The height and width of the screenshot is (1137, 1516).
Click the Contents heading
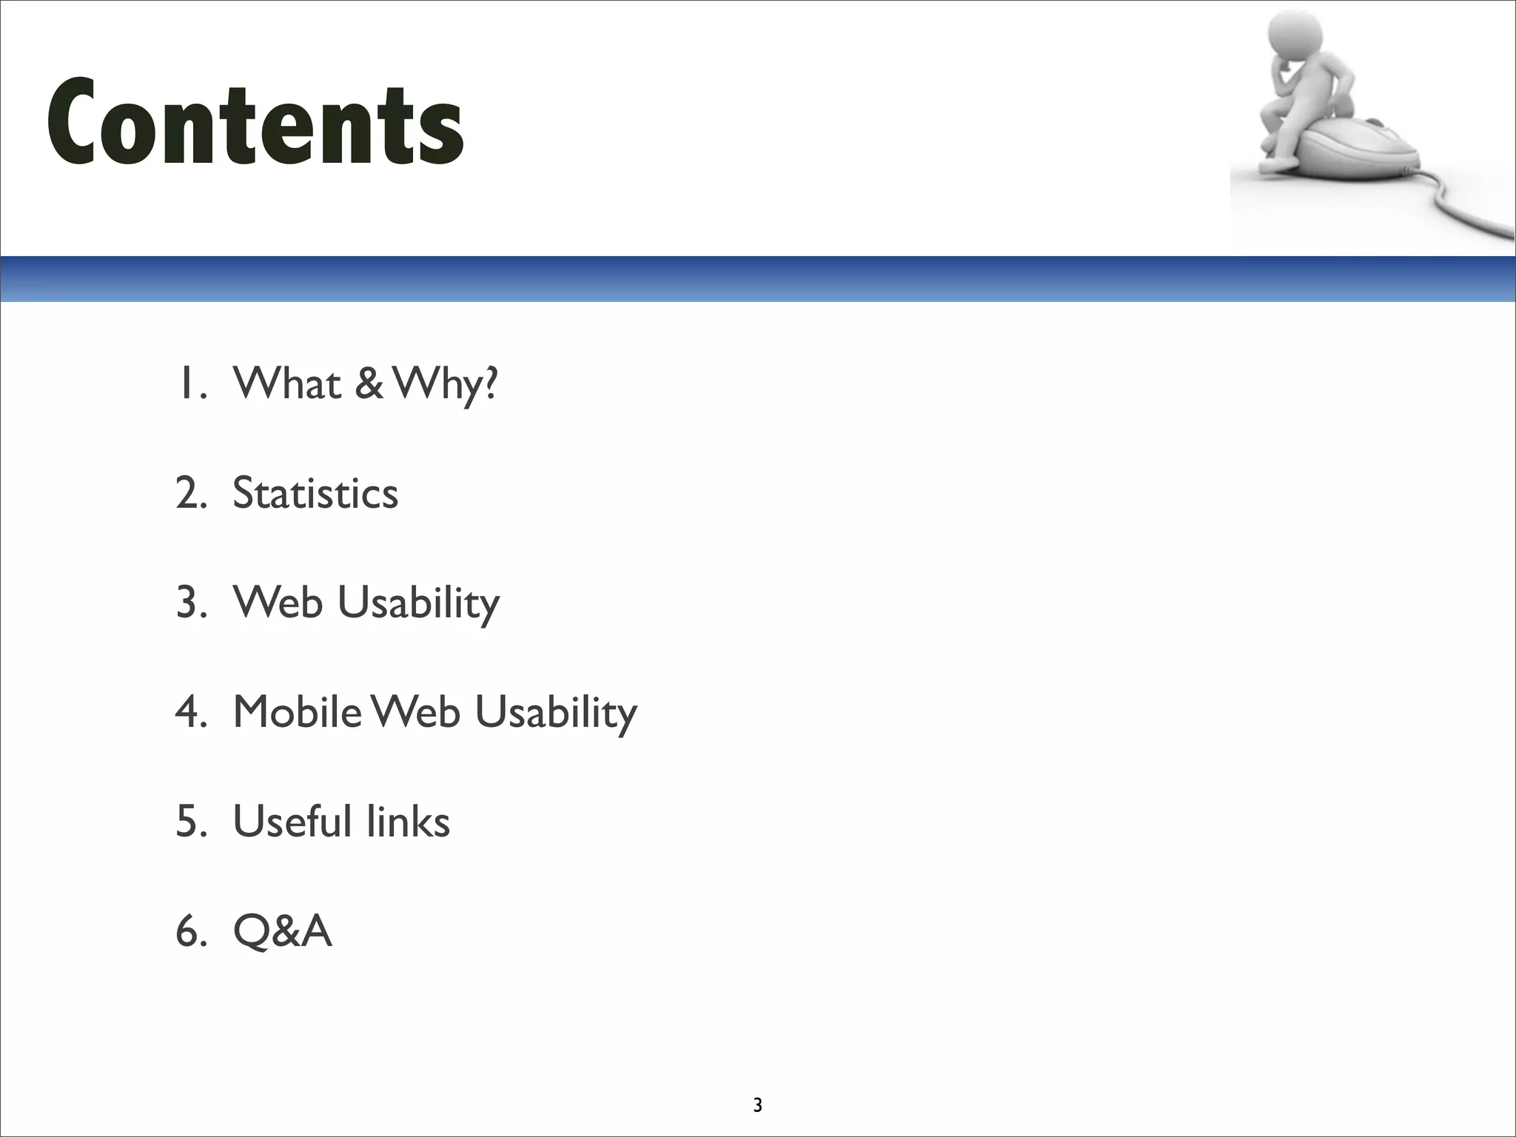(x=255, y=122)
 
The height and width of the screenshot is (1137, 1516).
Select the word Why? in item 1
(x=446, y=385)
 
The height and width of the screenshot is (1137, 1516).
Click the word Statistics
(x=315, y=493)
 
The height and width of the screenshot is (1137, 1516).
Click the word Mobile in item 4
(x=298, y=712)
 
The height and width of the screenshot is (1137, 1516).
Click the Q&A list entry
(x=282, y=930)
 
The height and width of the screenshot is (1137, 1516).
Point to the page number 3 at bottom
(x=757, y=1106)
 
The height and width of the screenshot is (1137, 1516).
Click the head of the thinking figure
(x=1293, y=37)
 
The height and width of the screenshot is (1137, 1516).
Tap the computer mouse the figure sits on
(x=1362, y=152)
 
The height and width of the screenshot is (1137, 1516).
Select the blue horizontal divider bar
(x=758, y=279)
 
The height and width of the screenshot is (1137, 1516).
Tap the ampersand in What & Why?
(x=369, y=383)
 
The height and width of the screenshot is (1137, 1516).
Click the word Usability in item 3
(x=418, y=603)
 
